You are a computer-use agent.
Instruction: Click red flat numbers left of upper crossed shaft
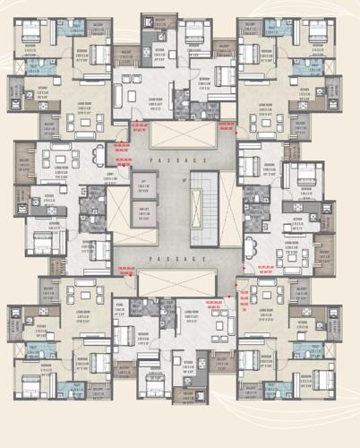click(140, 126)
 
